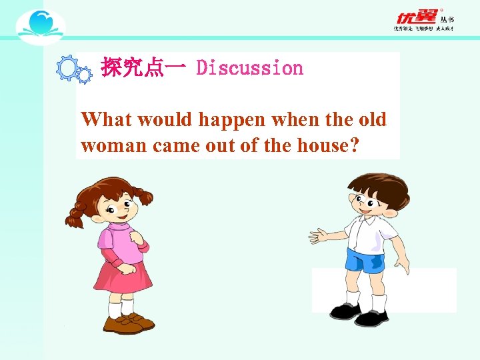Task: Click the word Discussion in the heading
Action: click(249, 68)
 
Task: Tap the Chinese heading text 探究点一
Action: click(142, 68)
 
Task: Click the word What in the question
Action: click(104, 120)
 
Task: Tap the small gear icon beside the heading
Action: click(85, 76)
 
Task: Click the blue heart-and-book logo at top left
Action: click(40, 25)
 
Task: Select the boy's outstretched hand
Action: click(319, 234)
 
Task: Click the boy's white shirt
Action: click(370, 230)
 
